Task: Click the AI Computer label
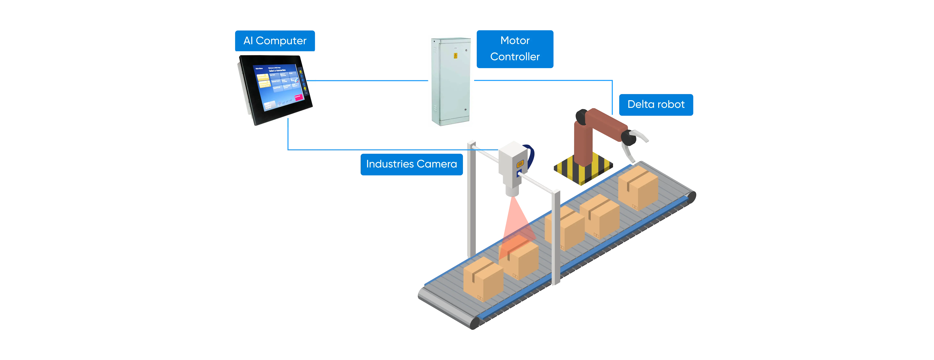(x=275, y=41)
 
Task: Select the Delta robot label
(x=656, y=104)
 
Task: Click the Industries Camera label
(x=412, y=164)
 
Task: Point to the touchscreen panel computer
(x=275, y=89)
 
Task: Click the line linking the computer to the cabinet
(x=372, y=80)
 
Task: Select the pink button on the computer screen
(x=298, y=97)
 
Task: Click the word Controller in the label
(x=515, y=57)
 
